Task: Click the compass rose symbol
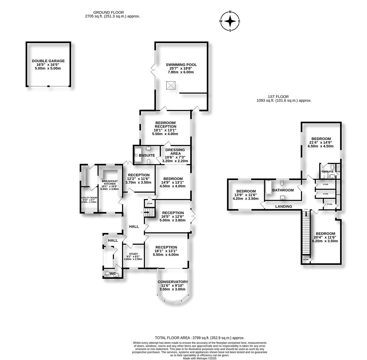(230, 21)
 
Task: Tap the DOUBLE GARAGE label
(48, 61)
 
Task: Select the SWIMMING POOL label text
(181, 65)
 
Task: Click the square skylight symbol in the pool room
(171, 86)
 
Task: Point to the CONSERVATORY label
(173, 282)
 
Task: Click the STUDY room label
(133, 254)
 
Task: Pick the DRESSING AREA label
(175, 152)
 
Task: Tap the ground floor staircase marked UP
(152, 212)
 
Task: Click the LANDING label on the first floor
(284, 206)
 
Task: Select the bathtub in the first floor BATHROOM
(268, 188)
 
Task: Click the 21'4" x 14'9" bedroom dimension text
(320, 142)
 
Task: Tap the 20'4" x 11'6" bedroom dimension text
(325, 237)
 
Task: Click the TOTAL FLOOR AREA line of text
(200, 338)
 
